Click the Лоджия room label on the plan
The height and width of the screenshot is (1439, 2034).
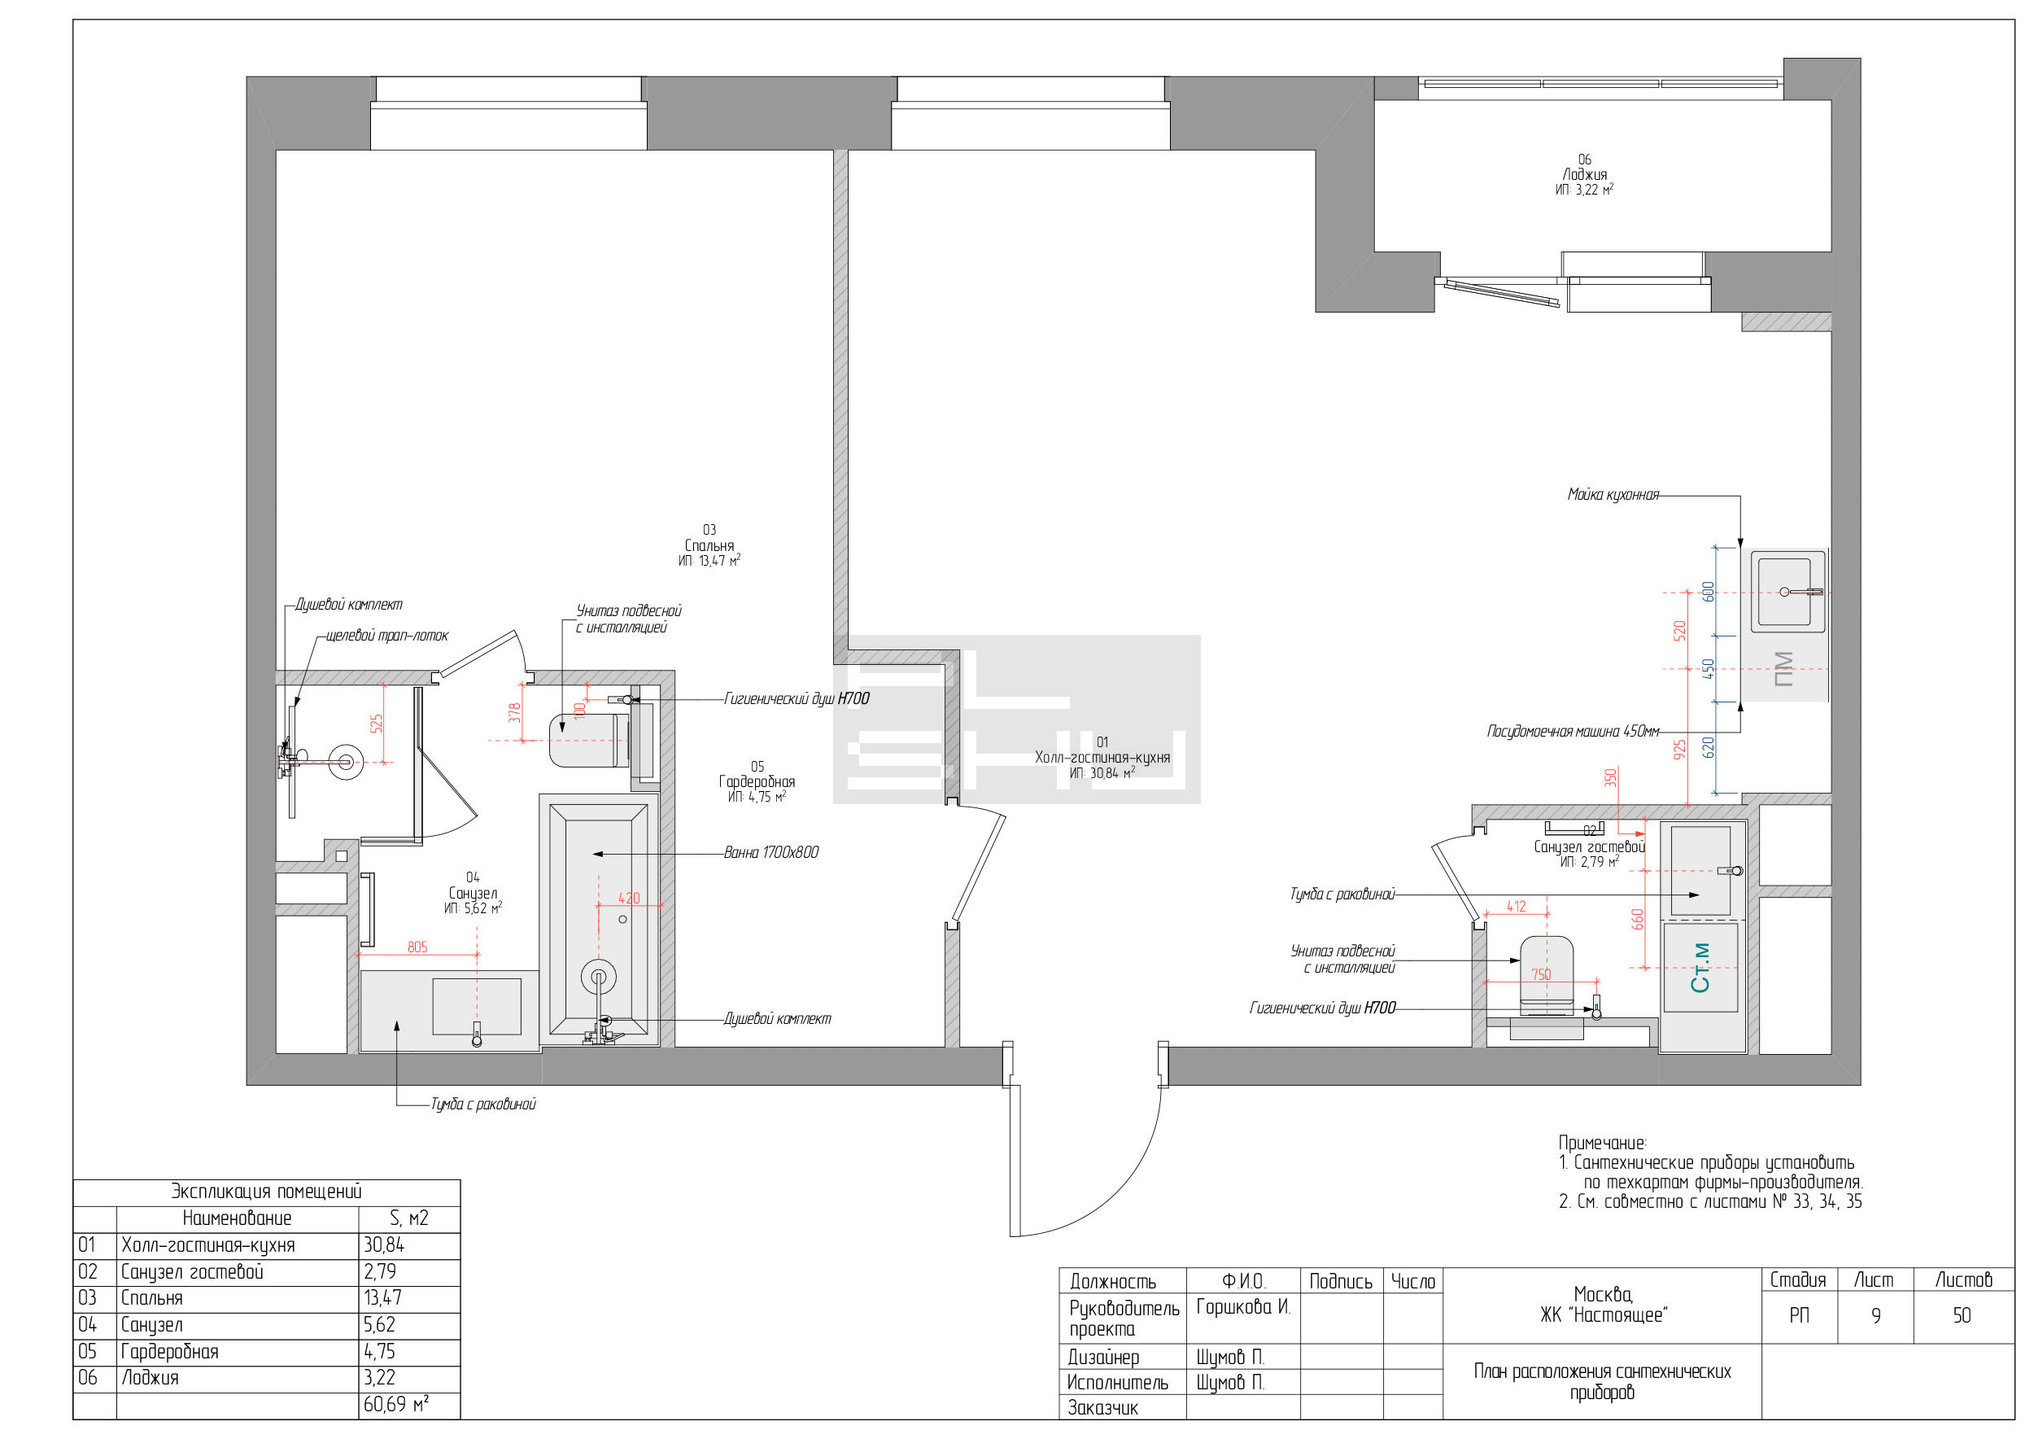(x=1584, y=174)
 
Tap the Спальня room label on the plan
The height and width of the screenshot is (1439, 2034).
(x=709, y=546)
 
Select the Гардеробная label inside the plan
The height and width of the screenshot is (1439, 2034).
(x=757, y=781)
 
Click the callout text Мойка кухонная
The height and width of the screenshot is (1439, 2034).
(x=1613, y=494)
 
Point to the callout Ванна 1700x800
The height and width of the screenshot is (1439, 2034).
(x=770, y=852)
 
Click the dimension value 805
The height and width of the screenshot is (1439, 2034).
(x=417, y=947)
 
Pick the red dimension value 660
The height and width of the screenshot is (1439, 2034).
(x=1638, y=919)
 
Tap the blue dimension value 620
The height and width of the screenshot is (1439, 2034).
(x=1709, y=747)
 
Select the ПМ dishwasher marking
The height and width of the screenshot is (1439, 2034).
(x=1784, y=669)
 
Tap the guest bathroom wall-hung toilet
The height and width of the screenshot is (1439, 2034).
(x=1547, y=976)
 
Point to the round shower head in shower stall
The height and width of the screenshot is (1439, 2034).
(x=346, y=761)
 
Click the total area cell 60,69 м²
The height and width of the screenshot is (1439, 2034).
(x=396, y=1405)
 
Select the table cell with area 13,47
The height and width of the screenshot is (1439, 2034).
(x=382, y=1298)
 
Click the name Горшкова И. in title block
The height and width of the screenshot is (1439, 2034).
(x=1243, y=1307)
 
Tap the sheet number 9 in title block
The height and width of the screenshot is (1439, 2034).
(x=1875, y=1316)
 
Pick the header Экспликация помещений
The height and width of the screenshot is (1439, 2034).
(x=266, y=1192)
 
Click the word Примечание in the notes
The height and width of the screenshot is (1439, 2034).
(x=1602, y=1143)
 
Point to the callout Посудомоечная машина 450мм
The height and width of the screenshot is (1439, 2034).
(x=1573, y=731)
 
